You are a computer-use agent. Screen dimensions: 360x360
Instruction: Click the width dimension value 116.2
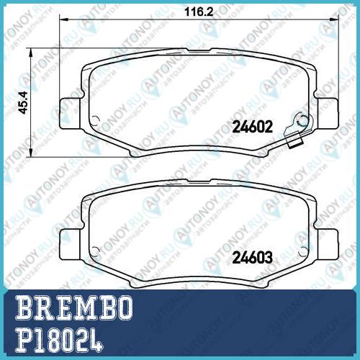click(x=199, y=12)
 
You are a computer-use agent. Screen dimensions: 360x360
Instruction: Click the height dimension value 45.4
click(x=24, y=103)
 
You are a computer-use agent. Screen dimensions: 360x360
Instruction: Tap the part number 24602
click(x=252, y=127)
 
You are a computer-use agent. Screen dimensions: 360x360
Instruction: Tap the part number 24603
click(x=253, y=258)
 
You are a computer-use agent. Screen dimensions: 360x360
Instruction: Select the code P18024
click(x=59, y=341)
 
